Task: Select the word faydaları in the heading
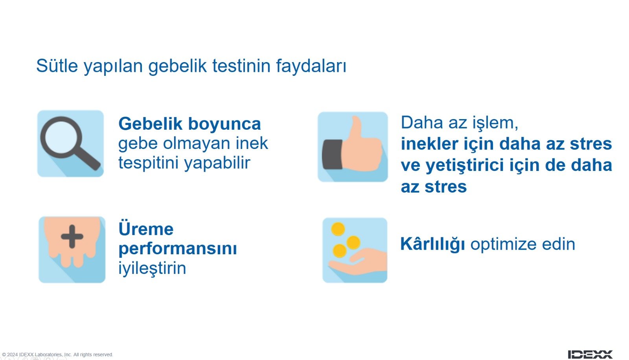point(311,66)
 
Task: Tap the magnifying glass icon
point(70,143)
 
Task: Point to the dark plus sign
point(72,237)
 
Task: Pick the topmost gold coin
point(338,229)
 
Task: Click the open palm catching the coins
point(358,262)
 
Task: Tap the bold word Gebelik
point(150,124)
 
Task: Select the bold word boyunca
point(224,125)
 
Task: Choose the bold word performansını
point(178,249)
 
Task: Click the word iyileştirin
point(152,268)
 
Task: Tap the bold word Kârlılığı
point(432,244)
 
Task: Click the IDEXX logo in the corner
point(590,354)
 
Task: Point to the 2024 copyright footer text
point(57,354)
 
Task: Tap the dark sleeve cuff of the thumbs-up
point(333,154)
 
